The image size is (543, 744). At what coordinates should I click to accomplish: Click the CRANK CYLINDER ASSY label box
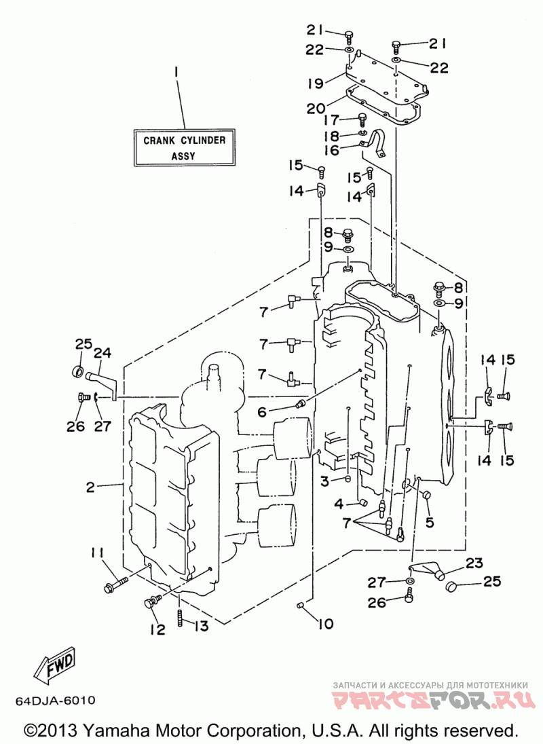pos(185,147)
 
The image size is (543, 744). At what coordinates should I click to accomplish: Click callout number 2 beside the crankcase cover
pos(90,487)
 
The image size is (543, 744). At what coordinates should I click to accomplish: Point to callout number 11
pos(97,553)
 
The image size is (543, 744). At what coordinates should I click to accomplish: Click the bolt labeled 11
pos(115,584)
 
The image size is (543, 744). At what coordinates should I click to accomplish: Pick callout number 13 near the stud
pos(201,626)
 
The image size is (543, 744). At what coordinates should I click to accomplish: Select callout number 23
pos(474,563)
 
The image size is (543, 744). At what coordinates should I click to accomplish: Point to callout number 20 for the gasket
pos(316,109)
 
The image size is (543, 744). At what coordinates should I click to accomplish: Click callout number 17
pos(331,119)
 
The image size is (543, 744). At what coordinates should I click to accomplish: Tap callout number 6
pos(262,412)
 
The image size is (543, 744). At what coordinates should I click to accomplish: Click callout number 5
pos(430,523)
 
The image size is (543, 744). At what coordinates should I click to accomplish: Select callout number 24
pos(102,352)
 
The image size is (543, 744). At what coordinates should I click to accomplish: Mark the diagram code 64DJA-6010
pos(56,701)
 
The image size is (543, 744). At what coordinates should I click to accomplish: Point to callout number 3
pos(324,481)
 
